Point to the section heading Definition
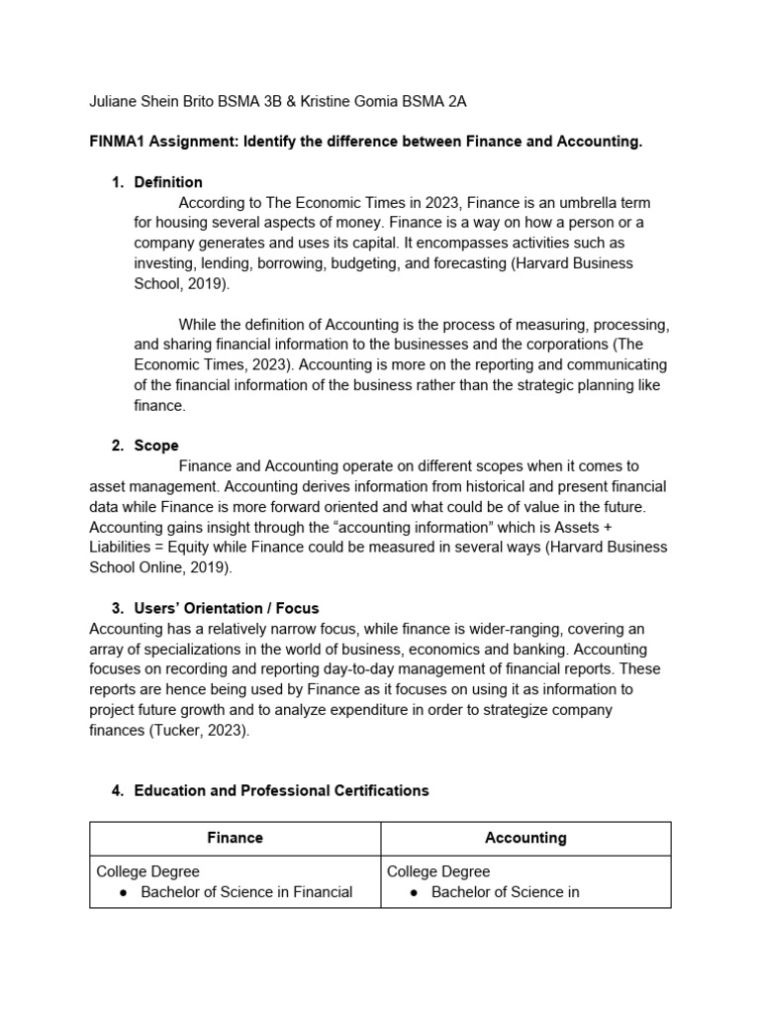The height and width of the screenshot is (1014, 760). [168, 182]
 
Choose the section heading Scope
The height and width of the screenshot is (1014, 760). [156, 446]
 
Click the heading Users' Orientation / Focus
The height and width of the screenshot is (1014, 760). [227, 608]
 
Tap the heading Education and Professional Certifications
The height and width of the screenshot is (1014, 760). [281, 790]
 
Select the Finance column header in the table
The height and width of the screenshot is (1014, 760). [235, 838]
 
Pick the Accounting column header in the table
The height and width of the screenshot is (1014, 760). [525, 838]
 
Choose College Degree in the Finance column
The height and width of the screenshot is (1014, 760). [147, 871]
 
